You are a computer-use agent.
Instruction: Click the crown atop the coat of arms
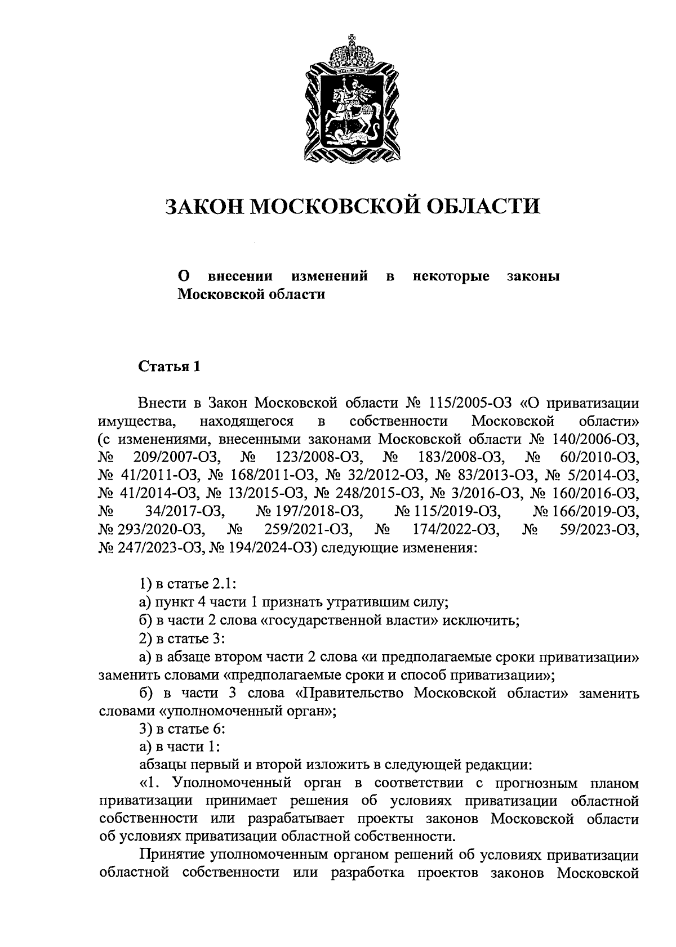click(352, 55)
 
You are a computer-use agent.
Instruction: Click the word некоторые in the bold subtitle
click(451, 276)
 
